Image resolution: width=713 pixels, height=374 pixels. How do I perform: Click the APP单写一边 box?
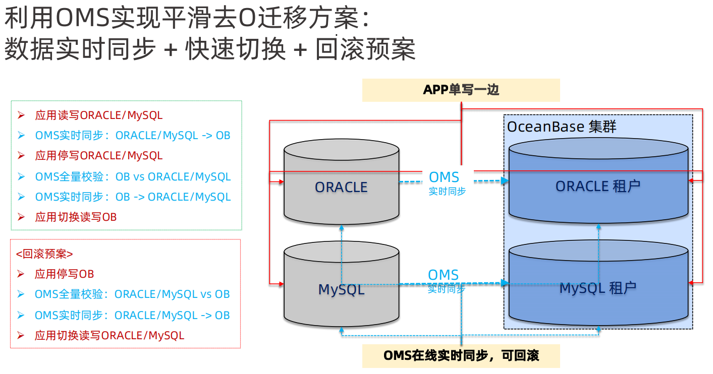461,90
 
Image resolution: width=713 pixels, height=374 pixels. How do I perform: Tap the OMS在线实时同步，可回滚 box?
461,355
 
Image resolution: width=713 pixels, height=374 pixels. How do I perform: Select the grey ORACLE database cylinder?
341,187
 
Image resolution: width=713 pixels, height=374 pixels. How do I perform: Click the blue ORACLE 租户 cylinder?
598,186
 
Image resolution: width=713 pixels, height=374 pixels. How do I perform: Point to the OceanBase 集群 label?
561,126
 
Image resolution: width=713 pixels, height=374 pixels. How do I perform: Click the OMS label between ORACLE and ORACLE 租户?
444,177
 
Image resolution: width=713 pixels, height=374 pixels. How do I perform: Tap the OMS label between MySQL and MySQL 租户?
443,275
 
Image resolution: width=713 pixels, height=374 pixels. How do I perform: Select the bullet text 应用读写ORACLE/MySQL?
99,115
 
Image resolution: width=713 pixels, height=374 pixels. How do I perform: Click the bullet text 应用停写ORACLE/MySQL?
99,156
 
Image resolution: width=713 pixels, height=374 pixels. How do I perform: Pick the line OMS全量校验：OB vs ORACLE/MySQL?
133,177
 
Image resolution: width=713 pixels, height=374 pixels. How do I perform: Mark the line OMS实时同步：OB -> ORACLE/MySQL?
133,197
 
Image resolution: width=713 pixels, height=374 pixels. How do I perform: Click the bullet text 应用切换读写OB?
76,217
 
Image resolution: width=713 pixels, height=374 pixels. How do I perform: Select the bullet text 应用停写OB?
64,274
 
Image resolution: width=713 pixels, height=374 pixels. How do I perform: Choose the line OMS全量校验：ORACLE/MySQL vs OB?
132,294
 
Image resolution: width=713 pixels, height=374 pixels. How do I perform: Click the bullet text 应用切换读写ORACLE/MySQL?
109,335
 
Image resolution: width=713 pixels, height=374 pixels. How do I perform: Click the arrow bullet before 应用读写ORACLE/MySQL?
21,115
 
